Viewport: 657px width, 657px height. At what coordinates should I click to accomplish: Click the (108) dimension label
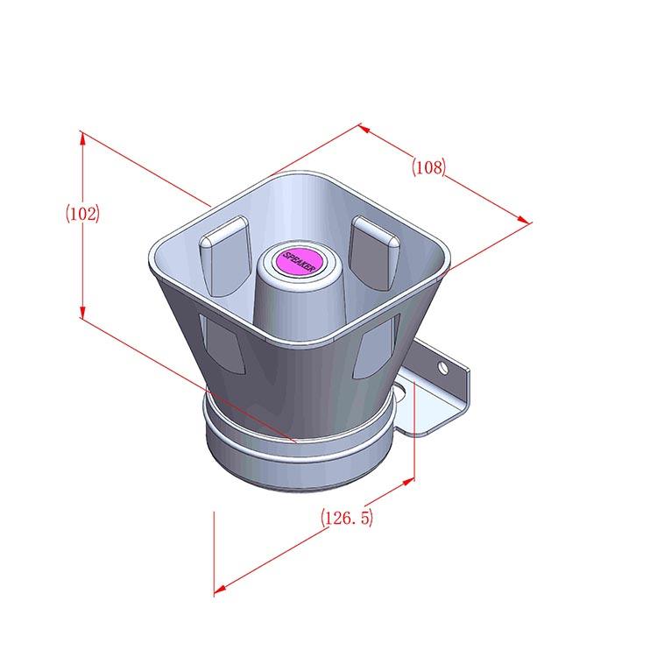point(428,167)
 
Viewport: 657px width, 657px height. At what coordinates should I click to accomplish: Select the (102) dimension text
point(82,214)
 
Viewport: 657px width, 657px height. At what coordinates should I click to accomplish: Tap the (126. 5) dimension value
point(347,518)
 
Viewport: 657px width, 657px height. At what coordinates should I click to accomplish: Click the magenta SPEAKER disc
point(300,261)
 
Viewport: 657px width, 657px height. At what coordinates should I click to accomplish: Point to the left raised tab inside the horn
point(225,257)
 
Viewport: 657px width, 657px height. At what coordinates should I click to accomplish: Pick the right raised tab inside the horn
point(374,252)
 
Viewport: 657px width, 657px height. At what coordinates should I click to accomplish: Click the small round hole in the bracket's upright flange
point(443,368)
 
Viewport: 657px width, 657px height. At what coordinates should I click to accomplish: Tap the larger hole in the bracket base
point(400,392)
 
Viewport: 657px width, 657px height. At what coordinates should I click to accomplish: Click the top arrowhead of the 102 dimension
point(82,139)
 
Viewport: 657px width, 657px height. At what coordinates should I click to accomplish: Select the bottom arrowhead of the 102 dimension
point(82,311)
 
